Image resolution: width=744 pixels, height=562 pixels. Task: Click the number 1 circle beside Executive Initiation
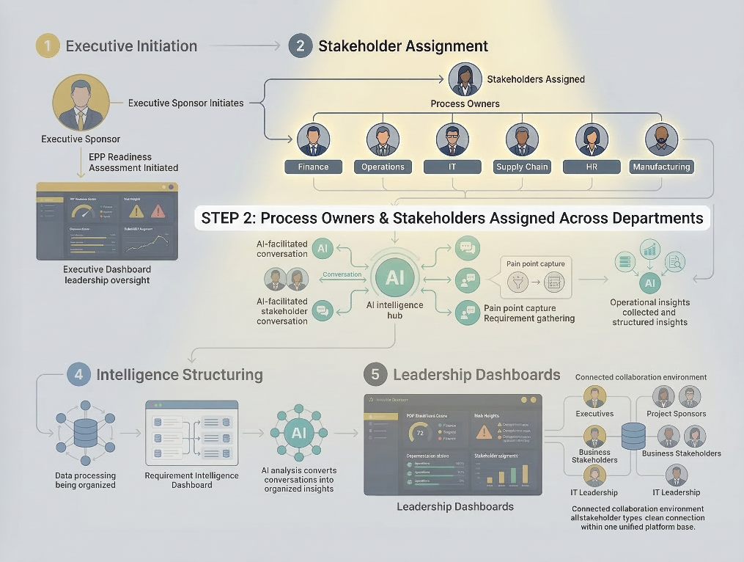point(47,46)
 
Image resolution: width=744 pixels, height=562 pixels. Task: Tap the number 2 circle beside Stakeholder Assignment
point(300,46)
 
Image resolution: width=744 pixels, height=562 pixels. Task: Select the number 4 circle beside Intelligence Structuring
point(78,375)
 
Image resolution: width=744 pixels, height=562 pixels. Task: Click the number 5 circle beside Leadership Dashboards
point(375,375)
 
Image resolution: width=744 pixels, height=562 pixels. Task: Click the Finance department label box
point(313,167)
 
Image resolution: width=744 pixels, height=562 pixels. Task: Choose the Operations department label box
point(383,167)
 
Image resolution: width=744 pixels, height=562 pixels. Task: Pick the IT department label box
point(452,167)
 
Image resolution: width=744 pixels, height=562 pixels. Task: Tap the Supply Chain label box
point(522,167)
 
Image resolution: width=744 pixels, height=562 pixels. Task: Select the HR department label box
point(592,167)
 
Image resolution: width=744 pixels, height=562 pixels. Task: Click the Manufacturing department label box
point(661,167)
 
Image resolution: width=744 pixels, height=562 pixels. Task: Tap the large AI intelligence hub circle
point(395,278)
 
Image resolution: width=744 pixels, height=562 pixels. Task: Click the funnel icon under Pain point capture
point(519,280)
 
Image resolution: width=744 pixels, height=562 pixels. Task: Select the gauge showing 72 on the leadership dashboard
point(420,431)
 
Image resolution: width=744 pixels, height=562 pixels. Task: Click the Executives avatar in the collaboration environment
point(594,397)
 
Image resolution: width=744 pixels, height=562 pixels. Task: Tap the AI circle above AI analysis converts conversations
point(298,432)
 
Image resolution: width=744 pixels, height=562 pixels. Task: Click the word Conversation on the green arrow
point(342,274)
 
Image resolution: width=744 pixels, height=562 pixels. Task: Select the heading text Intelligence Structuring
point(180,375)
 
